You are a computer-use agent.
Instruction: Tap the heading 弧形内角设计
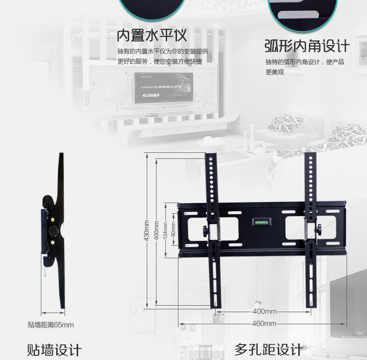point(307,46)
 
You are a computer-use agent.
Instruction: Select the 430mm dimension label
point(146,230)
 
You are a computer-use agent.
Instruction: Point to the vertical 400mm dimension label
point(157,230)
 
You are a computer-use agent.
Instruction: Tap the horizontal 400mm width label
point(264,311)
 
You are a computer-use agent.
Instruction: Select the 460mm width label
point(264,323)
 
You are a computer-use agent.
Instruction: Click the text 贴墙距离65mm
point(51,325)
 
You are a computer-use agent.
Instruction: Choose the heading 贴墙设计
point(54,350)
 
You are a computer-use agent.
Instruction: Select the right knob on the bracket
point(319,229)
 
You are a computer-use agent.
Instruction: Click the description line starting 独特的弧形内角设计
point(305,62)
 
